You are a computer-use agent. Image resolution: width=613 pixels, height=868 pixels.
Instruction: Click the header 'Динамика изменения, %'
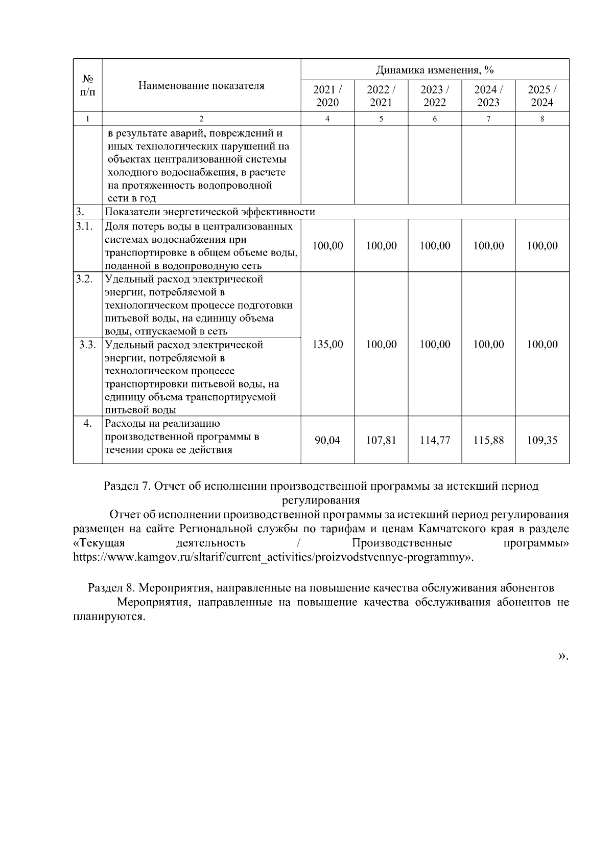(x=435, y=70)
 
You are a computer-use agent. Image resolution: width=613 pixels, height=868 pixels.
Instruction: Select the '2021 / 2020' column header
(x=327, y=96)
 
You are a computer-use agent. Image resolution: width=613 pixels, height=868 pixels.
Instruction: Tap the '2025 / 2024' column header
(x=542, y=96)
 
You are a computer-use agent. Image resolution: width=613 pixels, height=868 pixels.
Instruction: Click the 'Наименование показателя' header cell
(x=201, y=85)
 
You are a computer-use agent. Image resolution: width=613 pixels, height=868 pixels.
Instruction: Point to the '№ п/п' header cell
(x=87, y=85)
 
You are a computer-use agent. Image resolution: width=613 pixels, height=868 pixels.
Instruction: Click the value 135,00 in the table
(x=327, y=345)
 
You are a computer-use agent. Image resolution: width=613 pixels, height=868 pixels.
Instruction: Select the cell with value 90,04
(x=327, y=440)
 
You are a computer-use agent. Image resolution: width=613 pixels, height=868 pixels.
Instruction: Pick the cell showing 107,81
(x=381, y=440)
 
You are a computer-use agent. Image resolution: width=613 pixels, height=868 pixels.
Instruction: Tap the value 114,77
(x=435, y=440)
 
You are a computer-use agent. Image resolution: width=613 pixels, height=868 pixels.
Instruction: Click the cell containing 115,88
(x=488, y=440)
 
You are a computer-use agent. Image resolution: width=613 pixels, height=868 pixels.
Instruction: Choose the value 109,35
(x=542, y=440)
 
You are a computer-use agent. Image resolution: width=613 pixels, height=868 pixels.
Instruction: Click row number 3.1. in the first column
(x=84, y=226)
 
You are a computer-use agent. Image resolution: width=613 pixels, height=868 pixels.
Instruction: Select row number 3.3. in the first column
(x=87, y=345)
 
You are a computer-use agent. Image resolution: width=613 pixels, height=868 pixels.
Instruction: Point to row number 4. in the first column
(x=87, y=424)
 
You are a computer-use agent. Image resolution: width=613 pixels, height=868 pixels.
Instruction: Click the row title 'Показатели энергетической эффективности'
(x=210, y=212)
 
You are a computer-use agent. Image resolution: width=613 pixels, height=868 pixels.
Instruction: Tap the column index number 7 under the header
(x=488, y=119)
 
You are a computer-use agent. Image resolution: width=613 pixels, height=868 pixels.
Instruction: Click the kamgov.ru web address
(x=271, y=556)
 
